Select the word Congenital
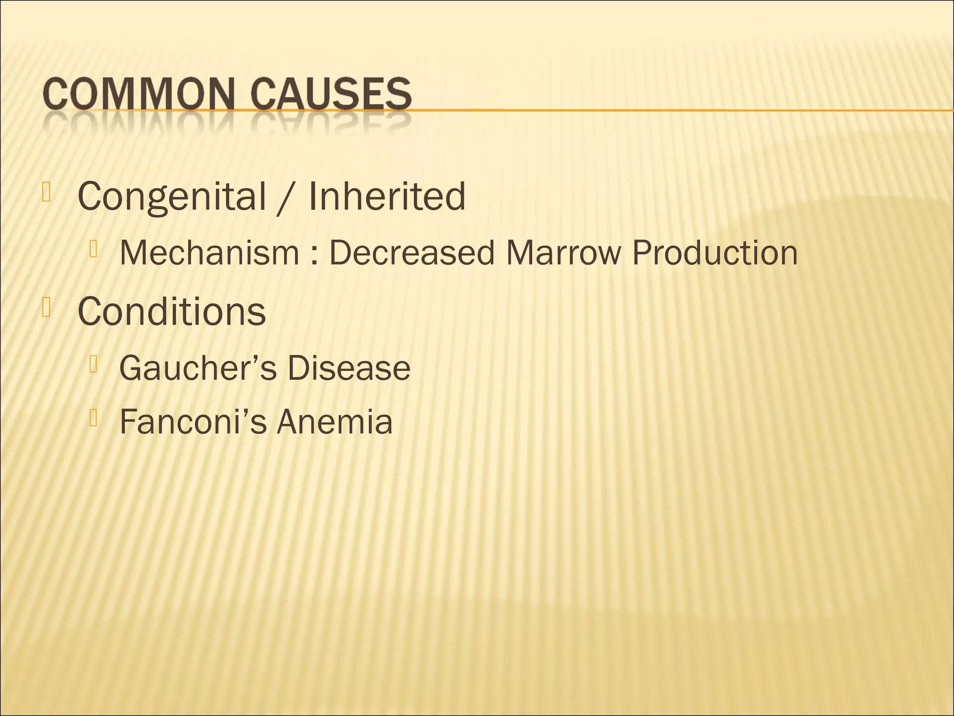click(x=171, y=196)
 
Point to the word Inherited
click(x=387, y=196)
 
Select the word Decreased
click(x=412, y=253)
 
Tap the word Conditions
click(x=171, y=311)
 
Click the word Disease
click(x=348, y=368)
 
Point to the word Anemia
click(x=334, y=422)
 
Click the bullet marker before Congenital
click(x=46, y=192)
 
